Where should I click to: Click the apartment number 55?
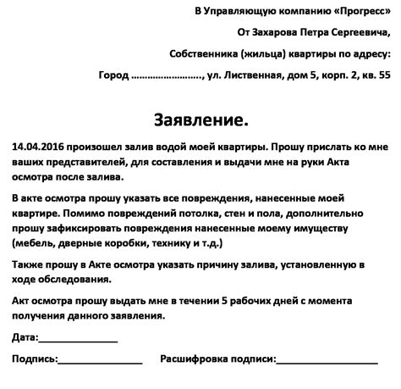point(384,75)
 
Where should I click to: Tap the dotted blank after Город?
point(168,75)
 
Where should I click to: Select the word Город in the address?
point(113,75)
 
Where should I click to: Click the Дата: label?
point(25,338)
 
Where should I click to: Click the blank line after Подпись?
point(100,361)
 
